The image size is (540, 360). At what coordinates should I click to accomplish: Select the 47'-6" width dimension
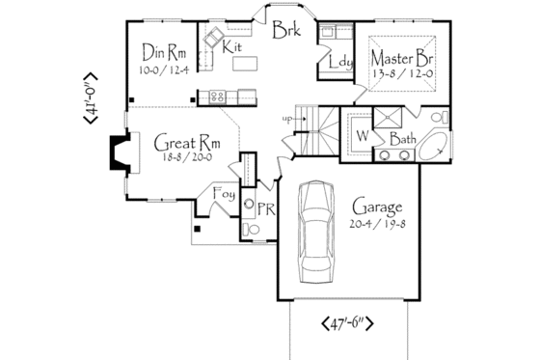354,324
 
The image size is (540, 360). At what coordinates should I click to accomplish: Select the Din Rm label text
163,51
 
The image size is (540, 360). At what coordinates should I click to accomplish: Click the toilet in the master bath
439,119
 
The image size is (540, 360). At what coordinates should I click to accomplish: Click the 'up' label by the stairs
286,119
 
